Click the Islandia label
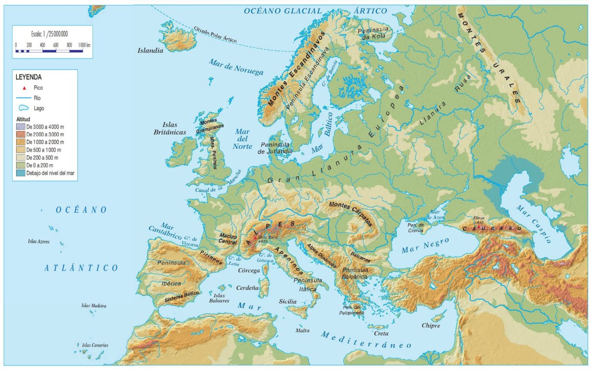[150, 50]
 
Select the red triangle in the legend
[24, 87]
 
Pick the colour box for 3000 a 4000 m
[21, 127]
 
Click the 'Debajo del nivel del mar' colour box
[21, 173]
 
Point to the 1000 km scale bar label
[84, 45]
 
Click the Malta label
[302, 330]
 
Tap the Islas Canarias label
[95, 345]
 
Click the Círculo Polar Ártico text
[215, 34]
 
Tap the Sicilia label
[288, 301]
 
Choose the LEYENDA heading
[29, 77]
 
